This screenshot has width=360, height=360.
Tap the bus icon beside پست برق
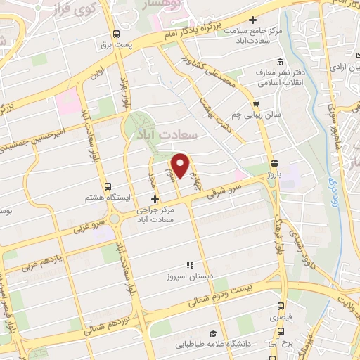coord(115,33)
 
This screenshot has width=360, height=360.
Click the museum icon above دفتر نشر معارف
coord(281,61)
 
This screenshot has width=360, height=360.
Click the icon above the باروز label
coord(275,162)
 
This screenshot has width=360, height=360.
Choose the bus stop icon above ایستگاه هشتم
coord(108,186)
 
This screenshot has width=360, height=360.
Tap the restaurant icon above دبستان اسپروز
coord(189,265)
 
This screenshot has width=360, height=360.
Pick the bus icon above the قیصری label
coord(281,307)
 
